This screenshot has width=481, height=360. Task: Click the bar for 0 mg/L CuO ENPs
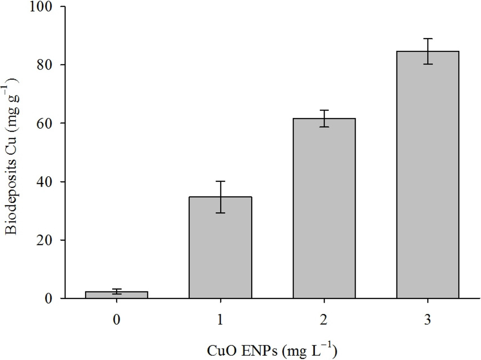click(x=117, y=295)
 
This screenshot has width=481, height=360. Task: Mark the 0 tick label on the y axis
click(x=49, y=298)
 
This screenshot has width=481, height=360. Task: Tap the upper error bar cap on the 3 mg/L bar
click(x=427, y=39)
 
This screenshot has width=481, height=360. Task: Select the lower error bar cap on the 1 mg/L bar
click(x=220, y=213)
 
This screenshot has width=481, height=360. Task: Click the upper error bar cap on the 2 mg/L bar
click(x=324, y=110)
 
